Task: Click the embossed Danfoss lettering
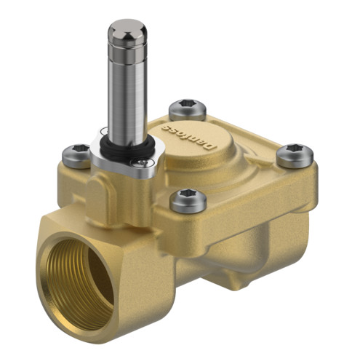(x=188, y=136)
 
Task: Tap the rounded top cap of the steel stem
(x=127, y=31)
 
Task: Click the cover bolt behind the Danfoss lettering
(x=188, y=110)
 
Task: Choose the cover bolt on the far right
(x=295, y=156)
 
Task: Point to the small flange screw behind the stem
(x=105, y=130)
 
